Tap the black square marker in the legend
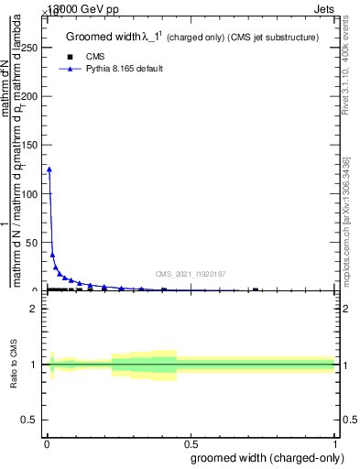click(71, 57)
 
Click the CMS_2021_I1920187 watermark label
click(190, 274)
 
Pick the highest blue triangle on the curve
click(49, 169)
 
